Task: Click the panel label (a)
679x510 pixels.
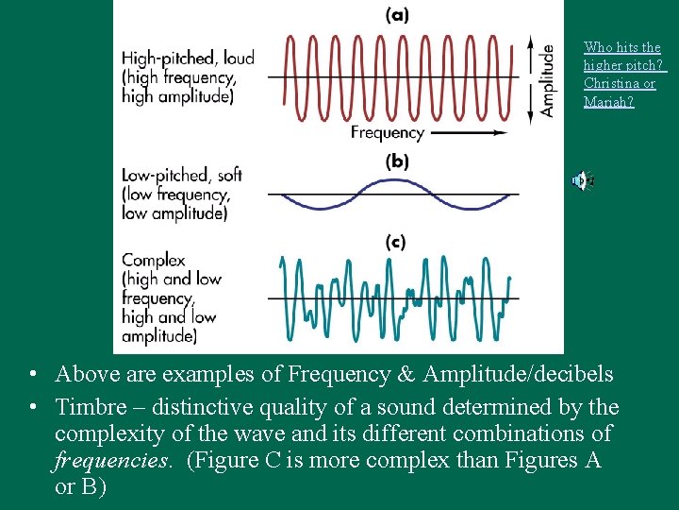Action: (398, 14)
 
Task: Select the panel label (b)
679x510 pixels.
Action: (397, 161)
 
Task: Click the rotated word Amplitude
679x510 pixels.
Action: (547, 80)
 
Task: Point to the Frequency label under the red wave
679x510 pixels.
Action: (388, 133)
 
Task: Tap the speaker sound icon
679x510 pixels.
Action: (582, 180)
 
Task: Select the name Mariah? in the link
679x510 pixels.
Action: (609, 101)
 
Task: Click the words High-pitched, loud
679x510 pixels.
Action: (188, 59)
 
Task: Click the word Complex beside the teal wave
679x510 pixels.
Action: (153, 260)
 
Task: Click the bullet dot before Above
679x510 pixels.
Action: (33, 375)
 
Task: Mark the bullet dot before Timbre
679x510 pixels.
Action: (33, 407)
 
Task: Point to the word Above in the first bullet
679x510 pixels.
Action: (87, 375)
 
